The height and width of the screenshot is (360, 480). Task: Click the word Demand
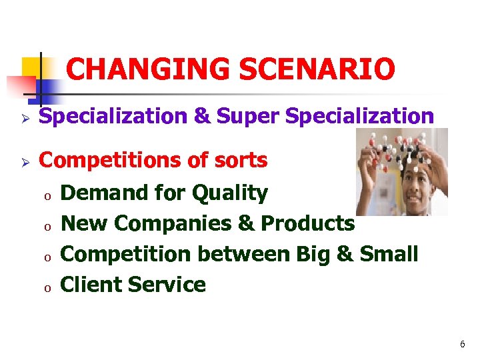103,193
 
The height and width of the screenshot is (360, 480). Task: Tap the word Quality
230,193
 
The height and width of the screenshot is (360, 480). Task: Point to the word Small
389,254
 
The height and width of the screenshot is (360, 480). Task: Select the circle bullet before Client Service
47,287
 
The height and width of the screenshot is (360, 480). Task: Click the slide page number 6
462,345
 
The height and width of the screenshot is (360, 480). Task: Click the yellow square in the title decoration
32,67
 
